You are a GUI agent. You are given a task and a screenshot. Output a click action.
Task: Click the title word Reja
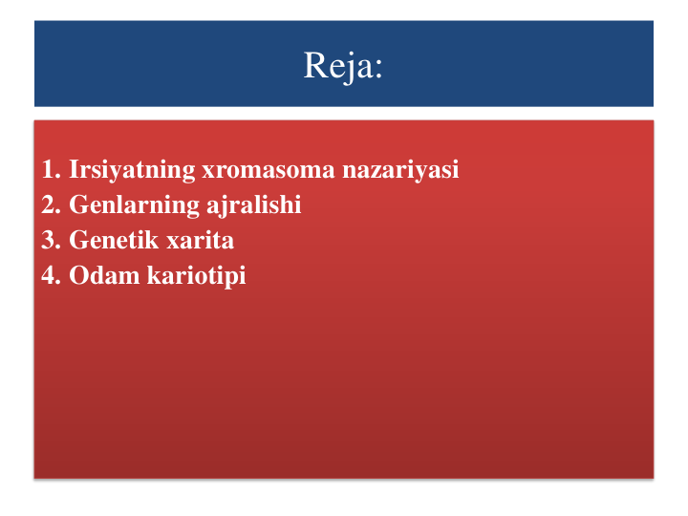tap(337, 66)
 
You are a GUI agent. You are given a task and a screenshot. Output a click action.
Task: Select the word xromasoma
tap(269, 171)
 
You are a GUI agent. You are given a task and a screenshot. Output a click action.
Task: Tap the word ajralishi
tap(253, 205)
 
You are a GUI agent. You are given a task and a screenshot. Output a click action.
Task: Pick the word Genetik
tap(114, 240)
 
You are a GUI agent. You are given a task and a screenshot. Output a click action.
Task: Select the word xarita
tap(200, 241)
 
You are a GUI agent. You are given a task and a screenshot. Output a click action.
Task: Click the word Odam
tap(104, 275)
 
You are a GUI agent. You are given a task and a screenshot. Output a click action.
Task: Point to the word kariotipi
tap(196, 276)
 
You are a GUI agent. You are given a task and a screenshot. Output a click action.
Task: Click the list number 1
tap(51, 169)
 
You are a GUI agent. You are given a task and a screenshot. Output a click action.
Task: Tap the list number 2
tap(51, 204)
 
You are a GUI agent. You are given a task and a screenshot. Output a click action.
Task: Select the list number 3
tap(51, 241)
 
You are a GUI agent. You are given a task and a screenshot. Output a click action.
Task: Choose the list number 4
tap(51, 275)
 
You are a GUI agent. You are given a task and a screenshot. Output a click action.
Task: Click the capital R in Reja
tap(313, 65)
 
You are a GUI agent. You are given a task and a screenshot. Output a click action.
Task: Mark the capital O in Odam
tap(78, 275)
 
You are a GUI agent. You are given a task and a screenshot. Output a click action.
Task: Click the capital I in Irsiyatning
tap(75, 169)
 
